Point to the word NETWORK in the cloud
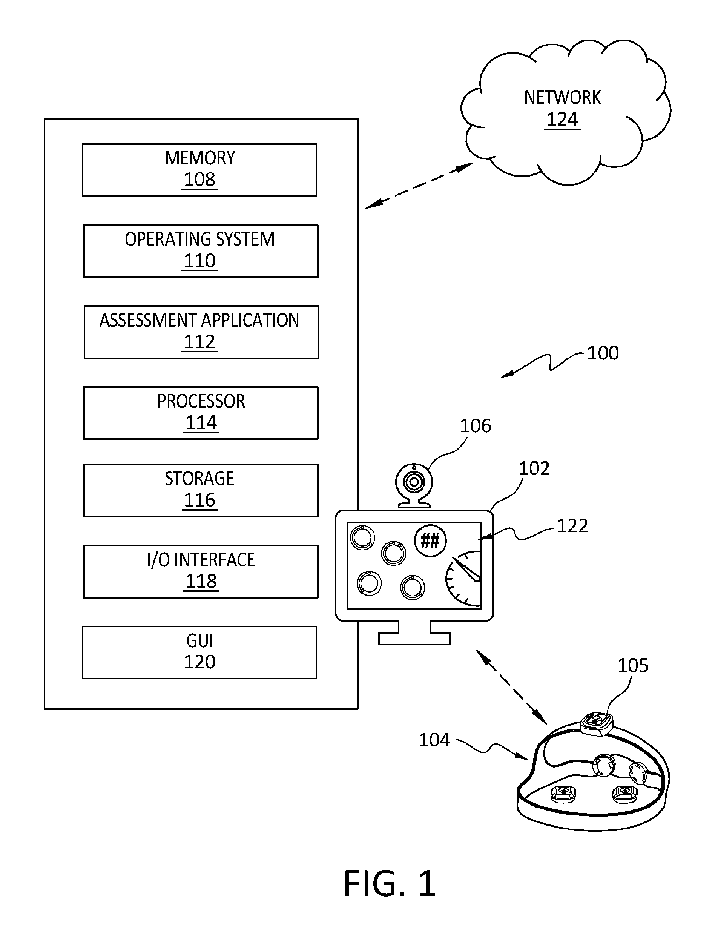coord(562,97)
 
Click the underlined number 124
coord(562,119)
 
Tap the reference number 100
coord(603,353)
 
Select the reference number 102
coord(534,468)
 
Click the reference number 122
coord(573,526)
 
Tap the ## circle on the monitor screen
coord(430,540)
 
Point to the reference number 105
coord(633,665)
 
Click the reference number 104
coord(434,740)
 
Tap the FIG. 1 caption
coord(390,884)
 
